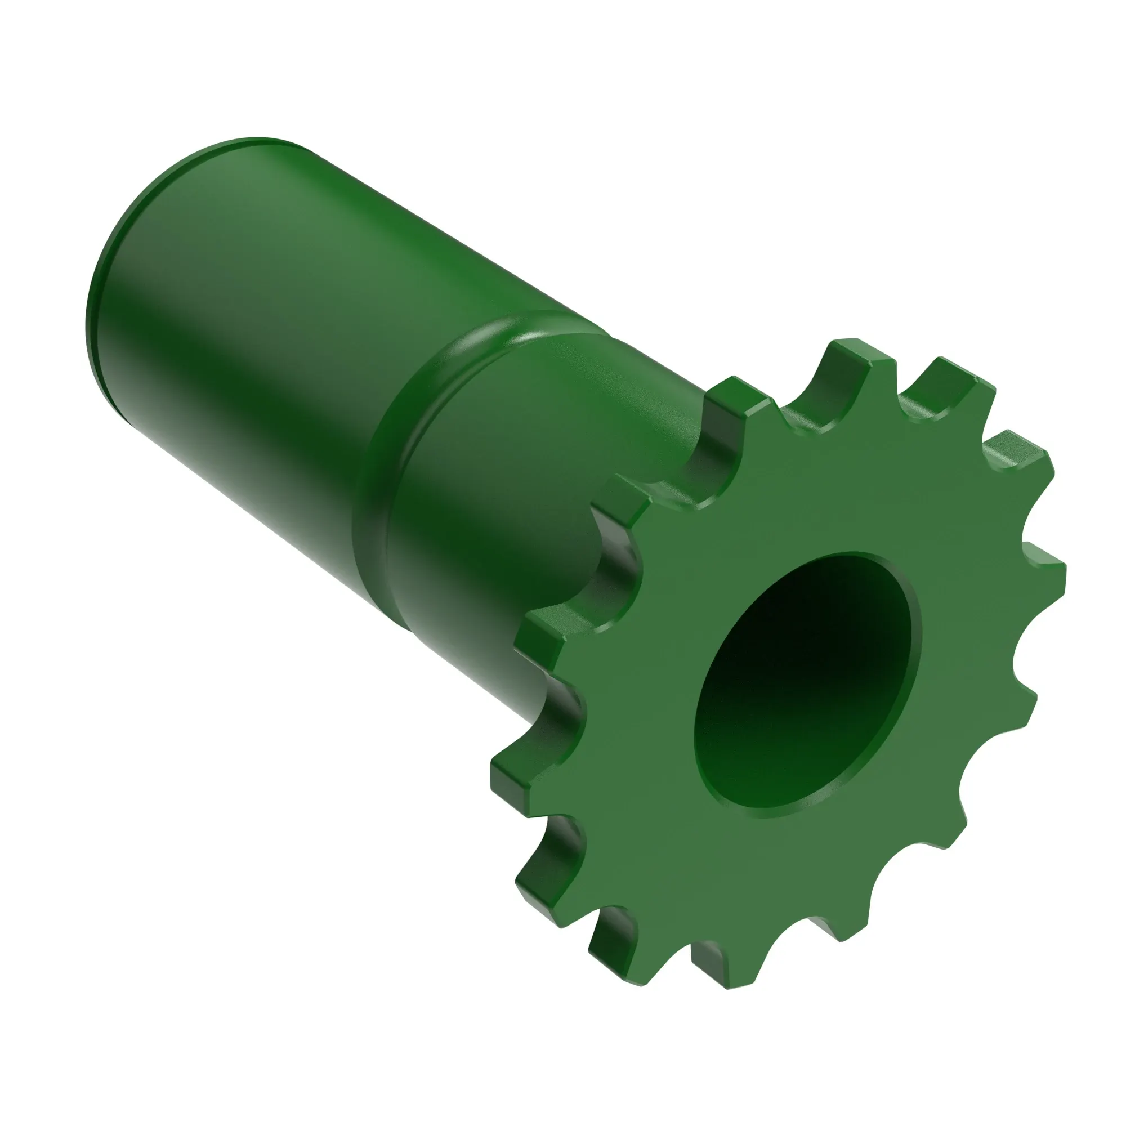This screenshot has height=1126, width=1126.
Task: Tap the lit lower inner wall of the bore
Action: click(x=758, y=769)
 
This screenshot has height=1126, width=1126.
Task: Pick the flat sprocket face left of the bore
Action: click(x=641, y=699)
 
